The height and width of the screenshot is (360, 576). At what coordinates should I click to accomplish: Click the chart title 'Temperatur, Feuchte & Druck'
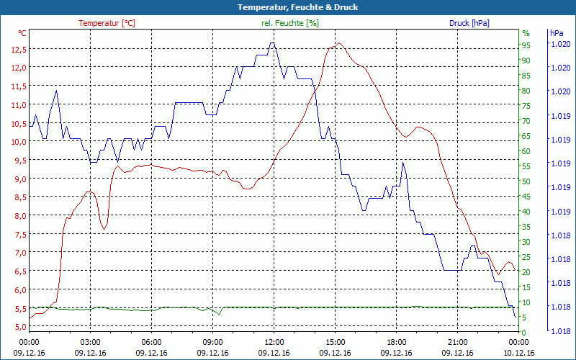[287, 7]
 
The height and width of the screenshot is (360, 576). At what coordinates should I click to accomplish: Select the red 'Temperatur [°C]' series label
[107, 23]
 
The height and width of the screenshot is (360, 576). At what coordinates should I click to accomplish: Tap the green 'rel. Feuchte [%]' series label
[290, 23]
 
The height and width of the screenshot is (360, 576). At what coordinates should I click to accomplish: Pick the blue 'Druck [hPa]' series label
[469, 23]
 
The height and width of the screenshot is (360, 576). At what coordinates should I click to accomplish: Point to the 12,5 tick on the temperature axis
[18, 49]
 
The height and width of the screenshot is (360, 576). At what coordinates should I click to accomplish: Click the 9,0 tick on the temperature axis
[18, 179]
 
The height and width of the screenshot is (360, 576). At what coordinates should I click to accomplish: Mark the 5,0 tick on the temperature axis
[18, 327]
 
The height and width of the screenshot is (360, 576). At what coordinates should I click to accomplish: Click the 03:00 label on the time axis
[90, 342]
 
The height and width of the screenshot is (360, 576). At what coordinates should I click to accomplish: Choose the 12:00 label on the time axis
[274, 342]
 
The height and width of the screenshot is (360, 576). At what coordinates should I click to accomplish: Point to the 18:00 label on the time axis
[396, 342]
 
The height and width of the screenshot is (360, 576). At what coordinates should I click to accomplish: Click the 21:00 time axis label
[458, 342]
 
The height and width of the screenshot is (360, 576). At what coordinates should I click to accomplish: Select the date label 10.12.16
[519, 353]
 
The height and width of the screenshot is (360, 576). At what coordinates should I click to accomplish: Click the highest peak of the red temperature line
[338, 43]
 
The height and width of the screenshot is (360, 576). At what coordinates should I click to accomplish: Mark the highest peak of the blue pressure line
[272, 42]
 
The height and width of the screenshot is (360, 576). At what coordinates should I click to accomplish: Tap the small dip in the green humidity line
[219, 313]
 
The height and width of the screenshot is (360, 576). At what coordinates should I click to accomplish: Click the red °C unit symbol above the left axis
[22, 33]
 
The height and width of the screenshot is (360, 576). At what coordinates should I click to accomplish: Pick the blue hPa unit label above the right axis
[557, 33]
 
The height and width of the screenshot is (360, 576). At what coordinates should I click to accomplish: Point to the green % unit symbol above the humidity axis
[526, 33]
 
